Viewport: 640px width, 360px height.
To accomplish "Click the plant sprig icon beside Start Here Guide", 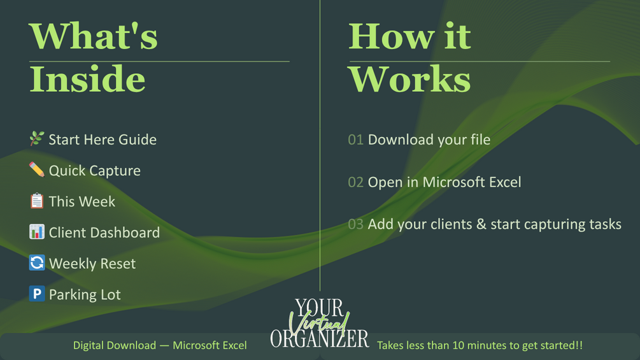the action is click(37, 139).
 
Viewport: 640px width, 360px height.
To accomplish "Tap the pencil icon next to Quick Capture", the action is click(37, 169).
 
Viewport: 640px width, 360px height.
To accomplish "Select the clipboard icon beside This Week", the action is click(37, 201).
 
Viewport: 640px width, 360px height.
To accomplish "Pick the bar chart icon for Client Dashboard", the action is click(37, 231).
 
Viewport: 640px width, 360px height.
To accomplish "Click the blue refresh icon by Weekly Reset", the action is click(37, 263).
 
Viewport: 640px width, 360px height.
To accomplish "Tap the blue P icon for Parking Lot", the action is click(37, 294).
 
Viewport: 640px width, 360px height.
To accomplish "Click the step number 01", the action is click(355, 140).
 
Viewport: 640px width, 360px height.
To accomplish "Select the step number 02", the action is click(355, 182).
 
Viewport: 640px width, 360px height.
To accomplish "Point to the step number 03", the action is click(355, 224).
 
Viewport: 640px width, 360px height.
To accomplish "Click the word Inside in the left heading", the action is click(87, 79).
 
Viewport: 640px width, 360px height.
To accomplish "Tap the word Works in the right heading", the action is click(409, 79).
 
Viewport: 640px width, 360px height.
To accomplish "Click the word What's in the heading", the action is click(93, 36).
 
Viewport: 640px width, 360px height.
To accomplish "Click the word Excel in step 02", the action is click(505, 182).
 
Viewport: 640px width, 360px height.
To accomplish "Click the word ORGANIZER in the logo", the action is click(320, 339).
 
